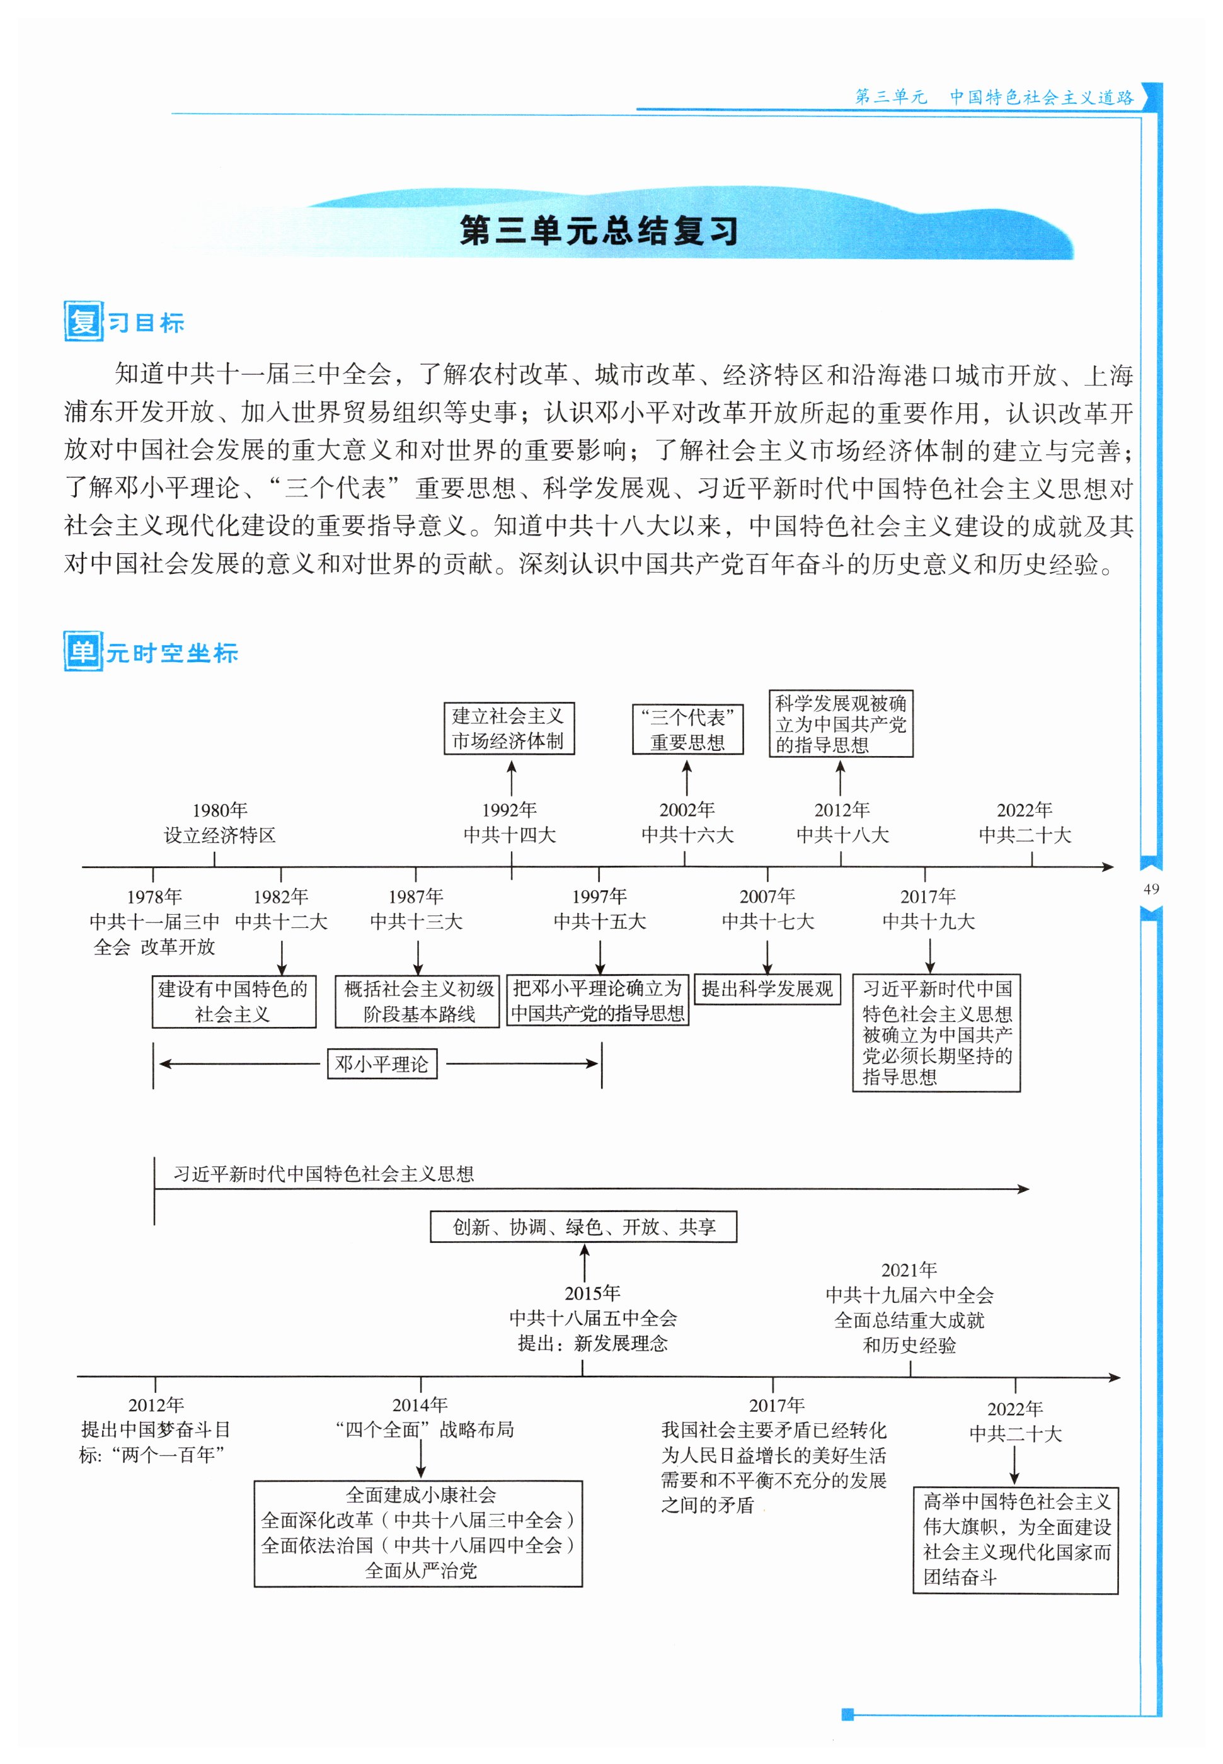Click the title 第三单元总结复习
[599, 230]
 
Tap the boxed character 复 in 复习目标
[83, 321]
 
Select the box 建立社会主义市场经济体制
[509, 728]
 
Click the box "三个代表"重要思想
[687, 729]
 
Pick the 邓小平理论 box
[382, 1064]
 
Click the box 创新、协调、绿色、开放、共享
[583, 1227]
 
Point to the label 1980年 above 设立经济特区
[220, 810]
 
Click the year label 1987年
[416, 896]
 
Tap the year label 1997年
[599, 896]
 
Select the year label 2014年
[420, 1404]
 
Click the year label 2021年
[910, 1270]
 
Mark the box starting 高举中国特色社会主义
[1015, 1540]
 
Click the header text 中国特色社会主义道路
[1042, 97]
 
